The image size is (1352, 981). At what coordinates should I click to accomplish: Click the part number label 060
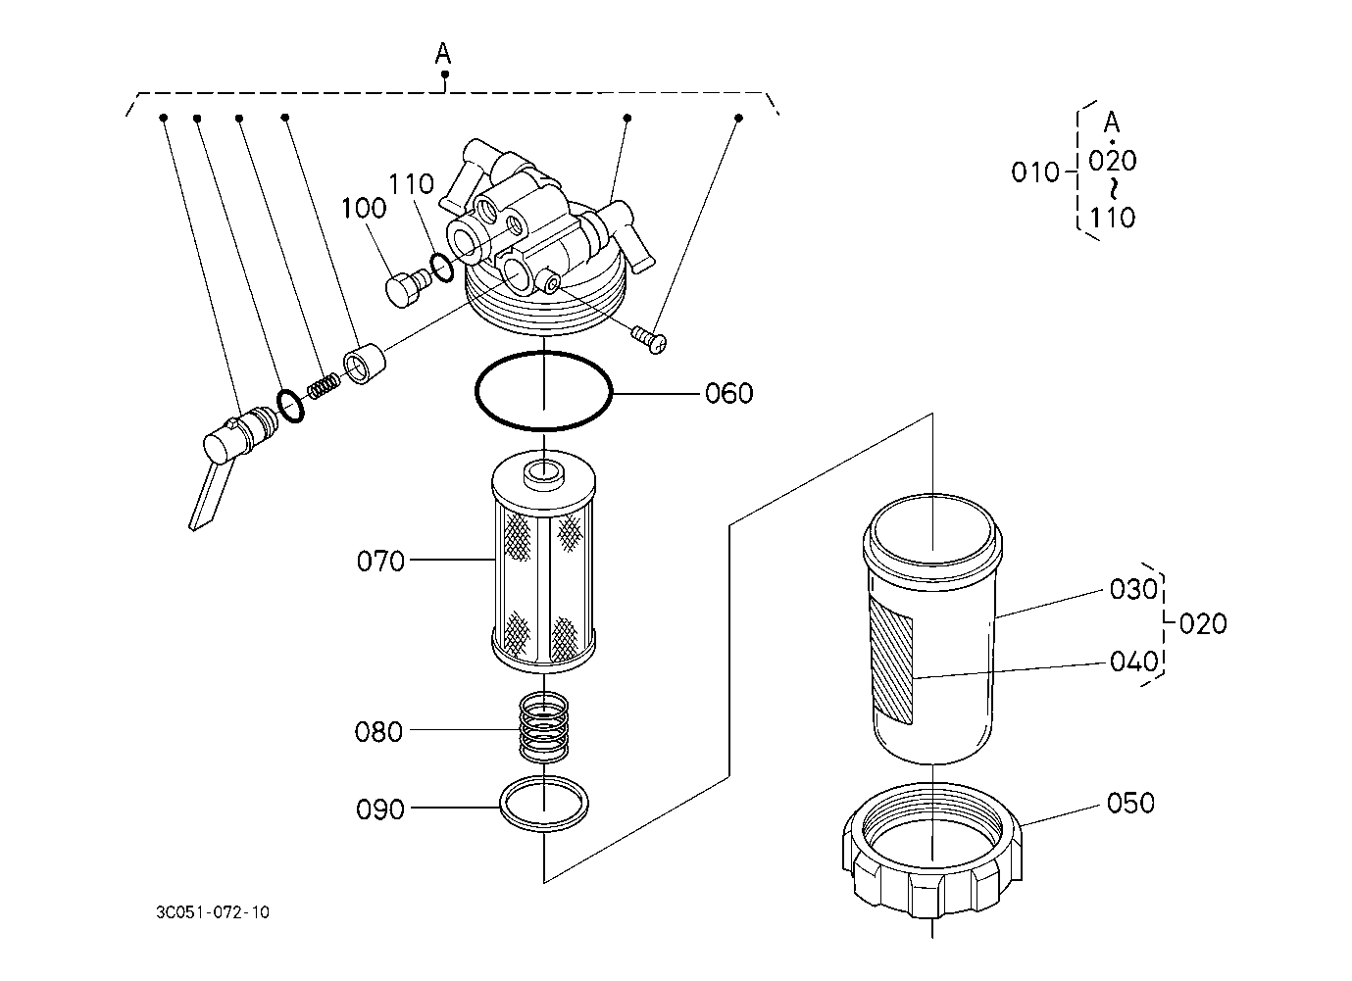click(729, 393)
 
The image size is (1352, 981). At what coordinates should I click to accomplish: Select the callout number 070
click(380, 562)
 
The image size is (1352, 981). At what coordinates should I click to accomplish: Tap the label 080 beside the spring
click(378, 732)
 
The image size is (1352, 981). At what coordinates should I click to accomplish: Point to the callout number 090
click(380, 809)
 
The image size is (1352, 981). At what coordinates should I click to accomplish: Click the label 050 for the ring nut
click(1130, 803)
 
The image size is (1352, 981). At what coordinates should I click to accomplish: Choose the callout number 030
click(1133, 589)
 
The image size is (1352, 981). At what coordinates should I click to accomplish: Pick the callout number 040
click(1134, 662)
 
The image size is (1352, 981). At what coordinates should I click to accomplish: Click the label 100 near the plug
click(364, 208)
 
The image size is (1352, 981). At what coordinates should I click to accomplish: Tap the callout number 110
click(411, 184)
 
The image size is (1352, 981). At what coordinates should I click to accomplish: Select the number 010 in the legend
click(1035, 172)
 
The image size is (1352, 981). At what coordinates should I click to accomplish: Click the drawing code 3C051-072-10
click(213, 912)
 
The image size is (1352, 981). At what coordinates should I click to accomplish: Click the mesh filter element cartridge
click(544, 562)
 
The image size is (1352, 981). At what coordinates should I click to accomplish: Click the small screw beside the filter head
click(649, 338)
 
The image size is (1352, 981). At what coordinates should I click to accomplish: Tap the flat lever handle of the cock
click(207, 495)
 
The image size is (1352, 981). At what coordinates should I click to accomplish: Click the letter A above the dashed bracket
click(443, 53)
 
